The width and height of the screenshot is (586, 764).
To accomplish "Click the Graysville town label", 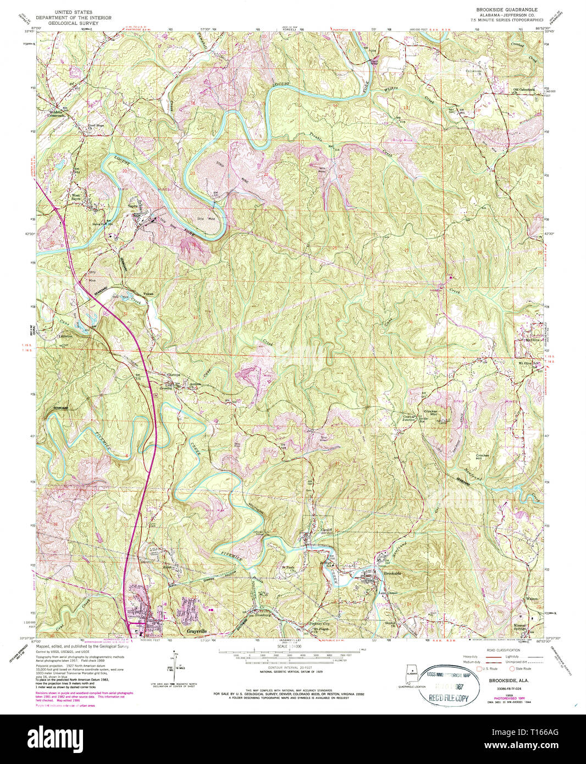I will pos(184,632).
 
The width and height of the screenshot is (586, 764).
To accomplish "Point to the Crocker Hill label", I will pos(482,457).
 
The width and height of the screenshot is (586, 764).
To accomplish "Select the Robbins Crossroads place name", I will pos(57,114).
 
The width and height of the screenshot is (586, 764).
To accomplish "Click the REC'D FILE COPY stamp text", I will pos(446,698).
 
